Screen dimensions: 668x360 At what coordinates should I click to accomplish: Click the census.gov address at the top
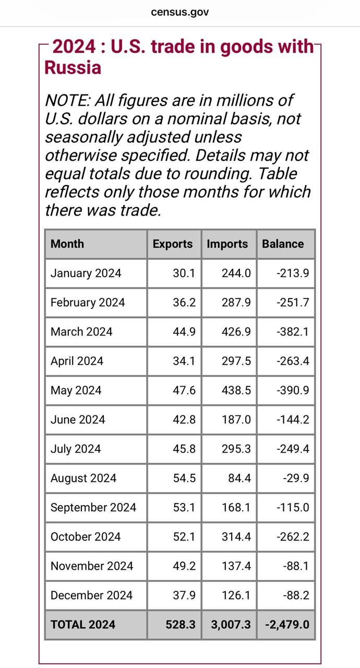click(x=179, y=12)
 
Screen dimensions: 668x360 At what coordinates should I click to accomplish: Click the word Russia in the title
click(x=73, y=68)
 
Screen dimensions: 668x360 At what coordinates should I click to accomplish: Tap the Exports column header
click(x=173, y=244)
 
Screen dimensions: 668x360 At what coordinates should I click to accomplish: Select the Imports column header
click(x=227, y=244)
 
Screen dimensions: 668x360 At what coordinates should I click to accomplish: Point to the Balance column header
click(x=283, y=244)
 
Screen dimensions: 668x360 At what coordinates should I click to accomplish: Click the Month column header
click(x=67, y=244)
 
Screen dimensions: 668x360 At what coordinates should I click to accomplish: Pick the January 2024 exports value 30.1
click(x=184, y=273)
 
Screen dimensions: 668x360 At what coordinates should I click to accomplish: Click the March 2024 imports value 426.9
click(x=236, y=331)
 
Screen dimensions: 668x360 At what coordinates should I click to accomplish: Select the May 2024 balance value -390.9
click(x=292, y=390)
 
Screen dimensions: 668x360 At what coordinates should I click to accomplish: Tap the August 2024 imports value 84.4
click(x=239, y=478)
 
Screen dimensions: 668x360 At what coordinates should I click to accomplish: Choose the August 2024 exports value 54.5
click(x=184, y=478)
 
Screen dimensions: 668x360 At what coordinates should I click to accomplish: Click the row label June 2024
click(x=78, y=420)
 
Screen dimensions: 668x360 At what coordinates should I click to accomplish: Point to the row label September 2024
click(x=93, y=507)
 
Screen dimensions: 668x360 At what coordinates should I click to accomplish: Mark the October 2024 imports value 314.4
click(x=236, y=536)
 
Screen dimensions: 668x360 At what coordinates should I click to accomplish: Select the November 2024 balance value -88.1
click(x=296, y=566)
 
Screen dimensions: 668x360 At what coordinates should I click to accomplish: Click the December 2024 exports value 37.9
click(x=184, y=595)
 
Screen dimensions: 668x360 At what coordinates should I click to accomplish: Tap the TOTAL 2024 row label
click(x=83, y=624)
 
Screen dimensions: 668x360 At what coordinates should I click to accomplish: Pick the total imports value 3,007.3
click(x=231, y=624)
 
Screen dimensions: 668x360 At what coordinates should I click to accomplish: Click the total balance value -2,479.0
click(x=287, y=624)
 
